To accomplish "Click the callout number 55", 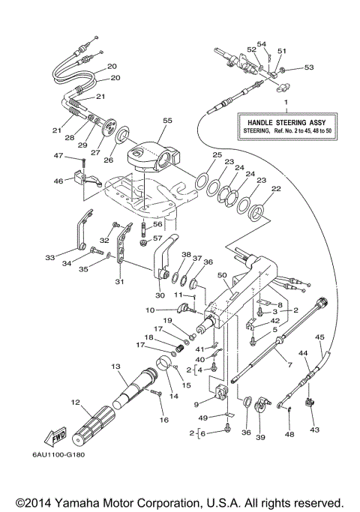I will pyautogui.click(x=167, y=121).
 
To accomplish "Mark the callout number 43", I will pyautogui.click(x=314, y=430).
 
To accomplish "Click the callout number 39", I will pyautogui.click(x=261, y=437).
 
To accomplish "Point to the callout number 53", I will pyautogui.click(x=309, y=67).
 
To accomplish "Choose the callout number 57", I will pyautogui.click(x=157, y=238).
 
